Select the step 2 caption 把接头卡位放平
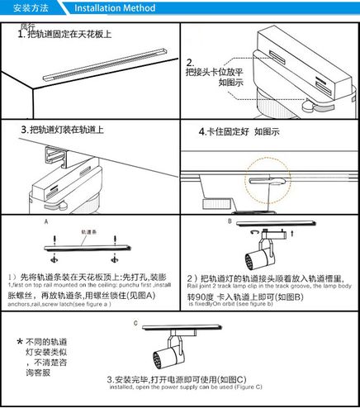tap(214, 73)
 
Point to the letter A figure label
tap(47, 222)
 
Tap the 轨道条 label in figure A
tap(91, 232)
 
